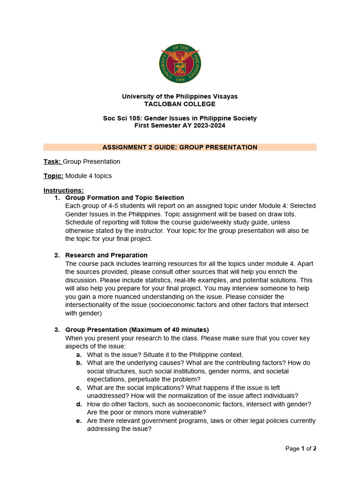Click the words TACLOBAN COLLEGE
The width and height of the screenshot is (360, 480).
pyautogui.click(x=180, y=104)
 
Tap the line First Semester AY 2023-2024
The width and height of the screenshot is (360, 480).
pyautogui.click(x=180, y=126)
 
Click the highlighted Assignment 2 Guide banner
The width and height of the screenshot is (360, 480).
pyautogui.click(x=180, y=147)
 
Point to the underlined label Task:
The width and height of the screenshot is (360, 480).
pyautogui.click(x=52, y=162)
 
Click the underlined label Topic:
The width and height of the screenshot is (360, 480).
pyautogui.click(x=53, y=176)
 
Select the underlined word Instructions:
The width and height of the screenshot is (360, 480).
pyautogui.click(x=63, y=190)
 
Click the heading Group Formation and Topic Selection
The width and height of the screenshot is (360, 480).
pyautogui.click(x=125, y=198)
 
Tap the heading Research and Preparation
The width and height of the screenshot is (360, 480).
pyautogui.click(x=106, y=255)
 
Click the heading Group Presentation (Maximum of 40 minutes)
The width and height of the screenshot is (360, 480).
pyautogui.click(x=137, y=330)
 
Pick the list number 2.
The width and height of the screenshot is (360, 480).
pyautogui.click(x=57, y=255)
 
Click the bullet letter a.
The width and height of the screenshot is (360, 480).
pyautogui.click(x=79, y=354)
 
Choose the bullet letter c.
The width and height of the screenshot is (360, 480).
pyautogui.click(x=79, y=388)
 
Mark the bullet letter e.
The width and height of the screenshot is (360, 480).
pyautogui.click(x=79, y=421)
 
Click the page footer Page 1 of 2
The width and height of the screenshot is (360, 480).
pyautogui.click(x=301, y=449)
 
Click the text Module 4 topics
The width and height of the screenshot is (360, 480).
pyautogui.click(x=89, y=176)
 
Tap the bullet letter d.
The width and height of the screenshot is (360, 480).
pyautogui.click(x=79, y=404)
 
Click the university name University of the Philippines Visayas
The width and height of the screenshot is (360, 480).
pyautogui.click(x=180, y=97)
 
